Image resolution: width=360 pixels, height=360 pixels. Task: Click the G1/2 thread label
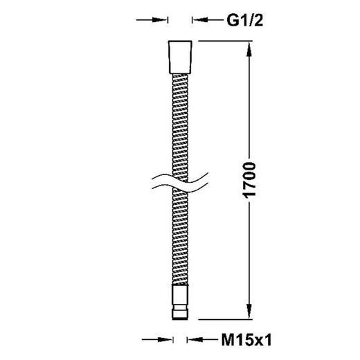click(245, 20)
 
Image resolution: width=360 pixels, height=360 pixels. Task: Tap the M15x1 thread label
click(246, 340)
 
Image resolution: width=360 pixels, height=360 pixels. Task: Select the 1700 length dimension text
click(249, 180)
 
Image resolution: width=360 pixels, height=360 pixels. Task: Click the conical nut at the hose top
click(180, 57)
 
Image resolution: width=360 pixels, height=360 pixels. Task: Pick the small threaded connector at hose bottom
click(180, 302)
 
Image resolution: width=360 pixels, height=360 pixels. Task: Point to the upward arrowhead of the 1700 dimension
click(249, 49)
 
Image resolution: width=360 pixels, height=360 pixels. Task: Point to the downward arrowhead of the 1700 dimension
click(249, 312)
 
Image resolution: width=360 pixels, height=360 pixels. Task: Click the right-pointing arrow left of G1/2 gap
click(152, 20)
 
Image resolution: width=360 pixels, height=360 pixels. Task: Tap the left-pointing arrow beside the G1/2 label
click(208, 20)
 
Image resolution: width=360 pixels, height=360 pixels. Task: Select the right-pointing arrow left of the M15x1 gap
click(157, 339)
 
